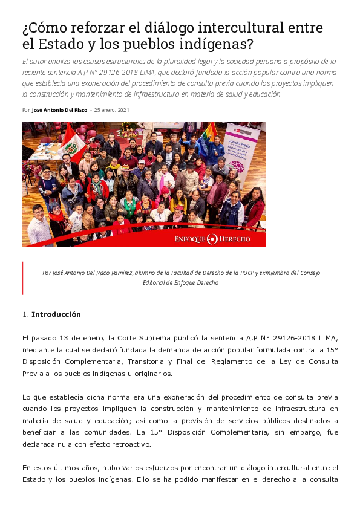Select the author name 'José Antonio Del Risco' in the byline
[59, 110]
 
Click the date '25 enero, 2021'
[111, 110]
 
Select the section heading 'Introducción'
[56, 314]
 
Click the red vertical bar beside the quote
[22, 277]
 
